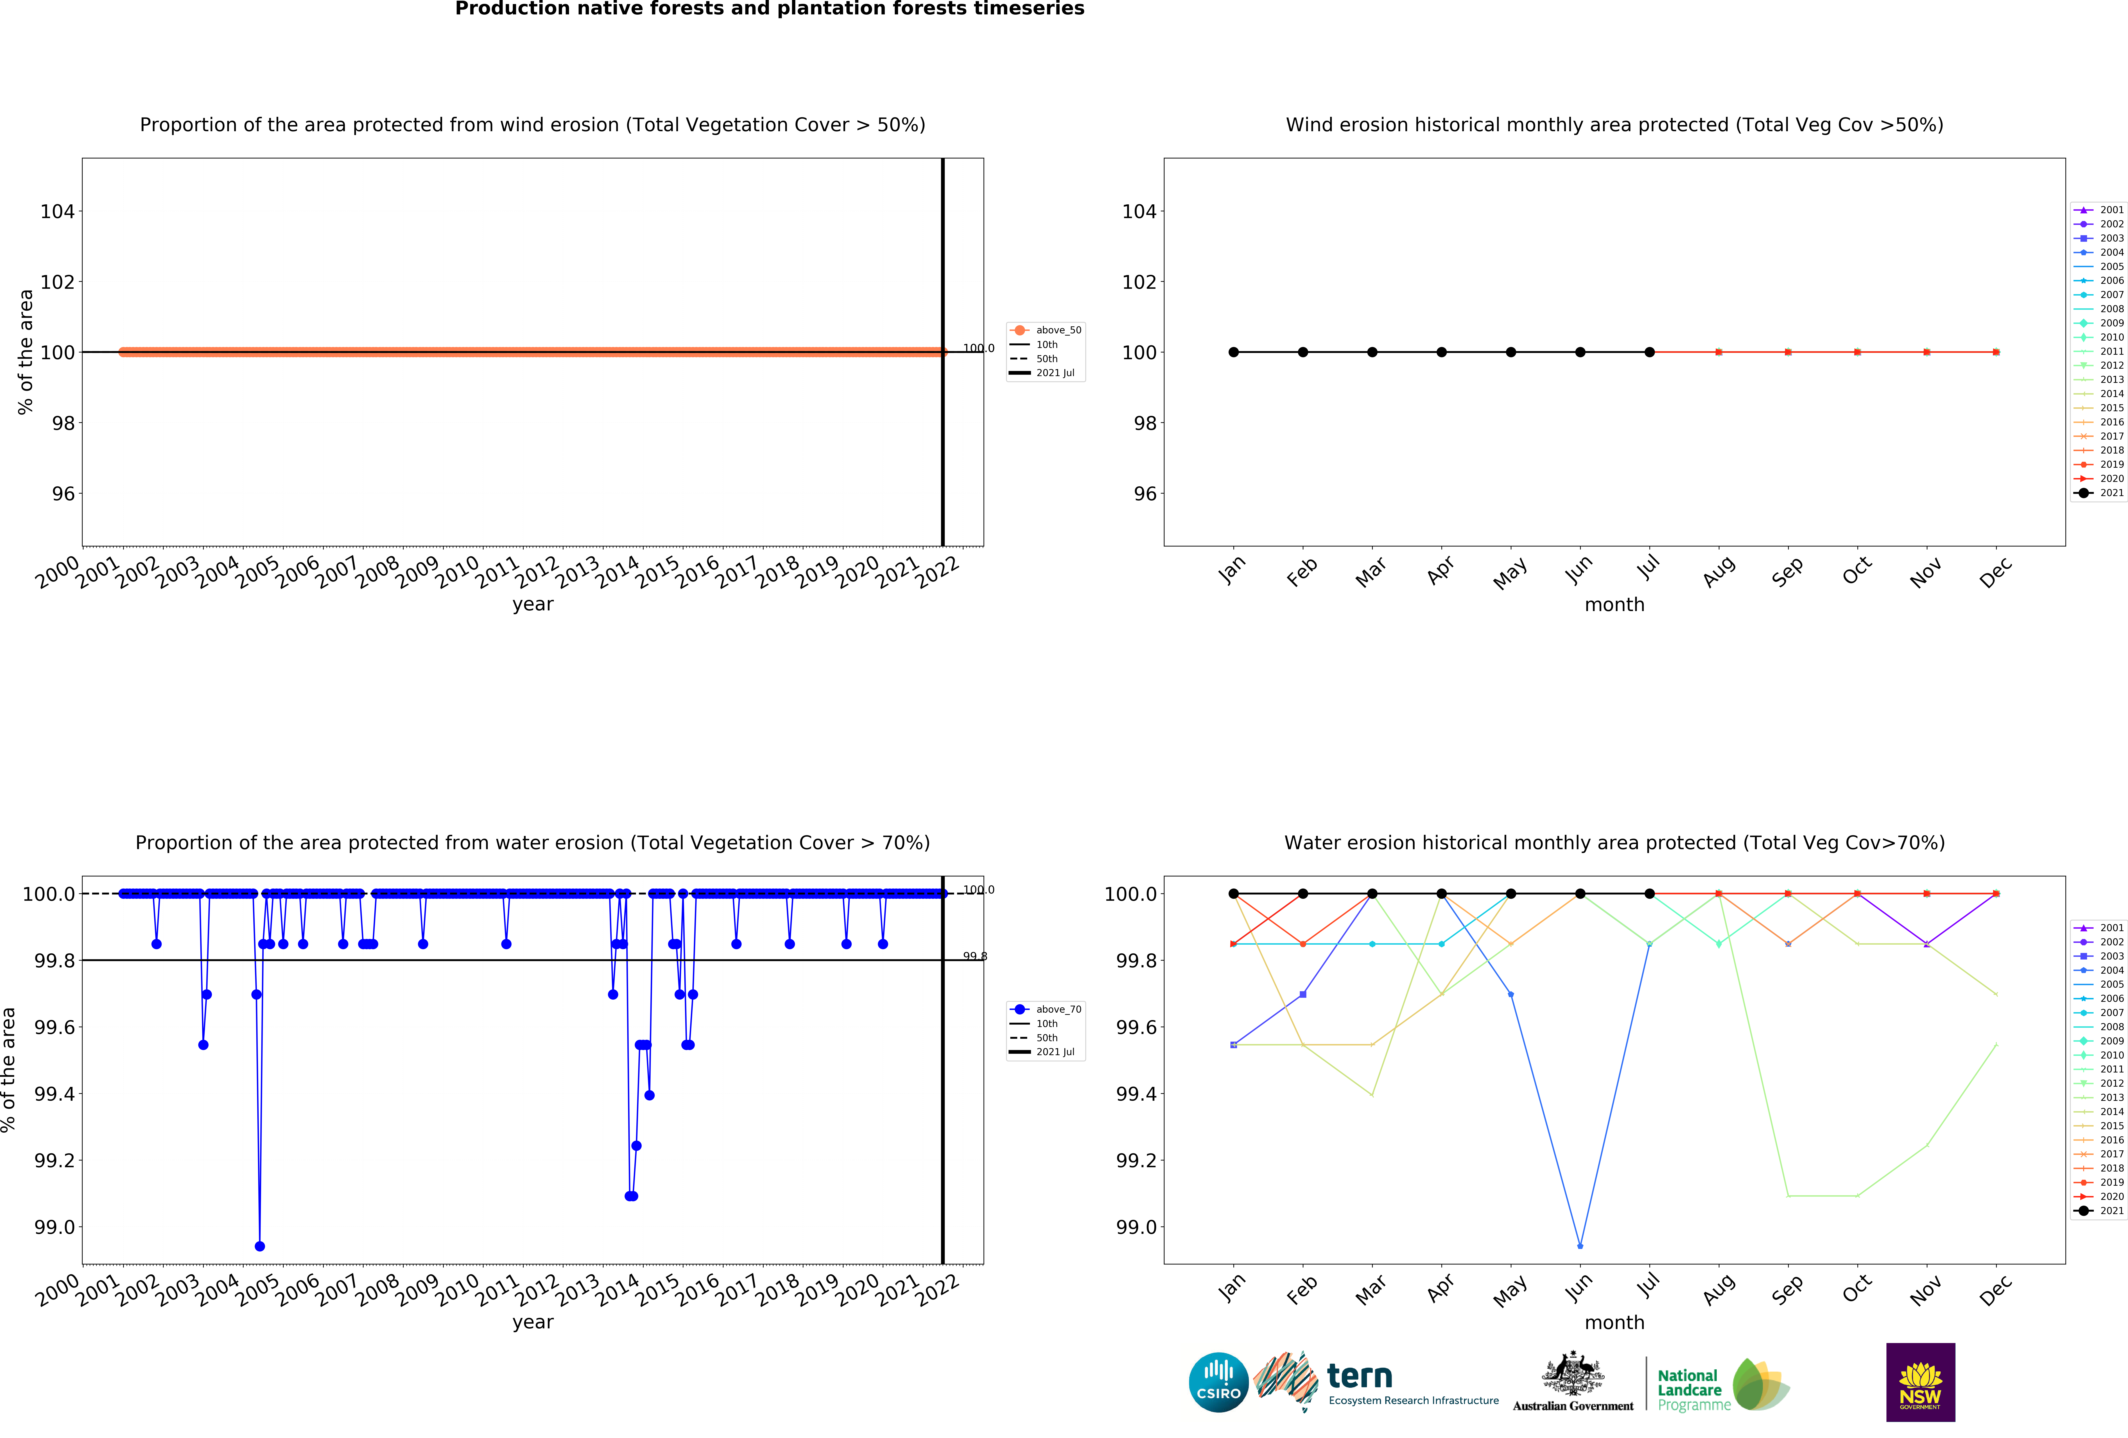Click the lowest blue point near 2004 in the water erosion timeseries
click(x=260, y=1246)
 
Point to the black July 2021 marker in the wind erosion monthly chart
click(x=1649, y=352)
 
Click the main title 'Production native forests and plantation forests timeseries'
click(x=769, y=9)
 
